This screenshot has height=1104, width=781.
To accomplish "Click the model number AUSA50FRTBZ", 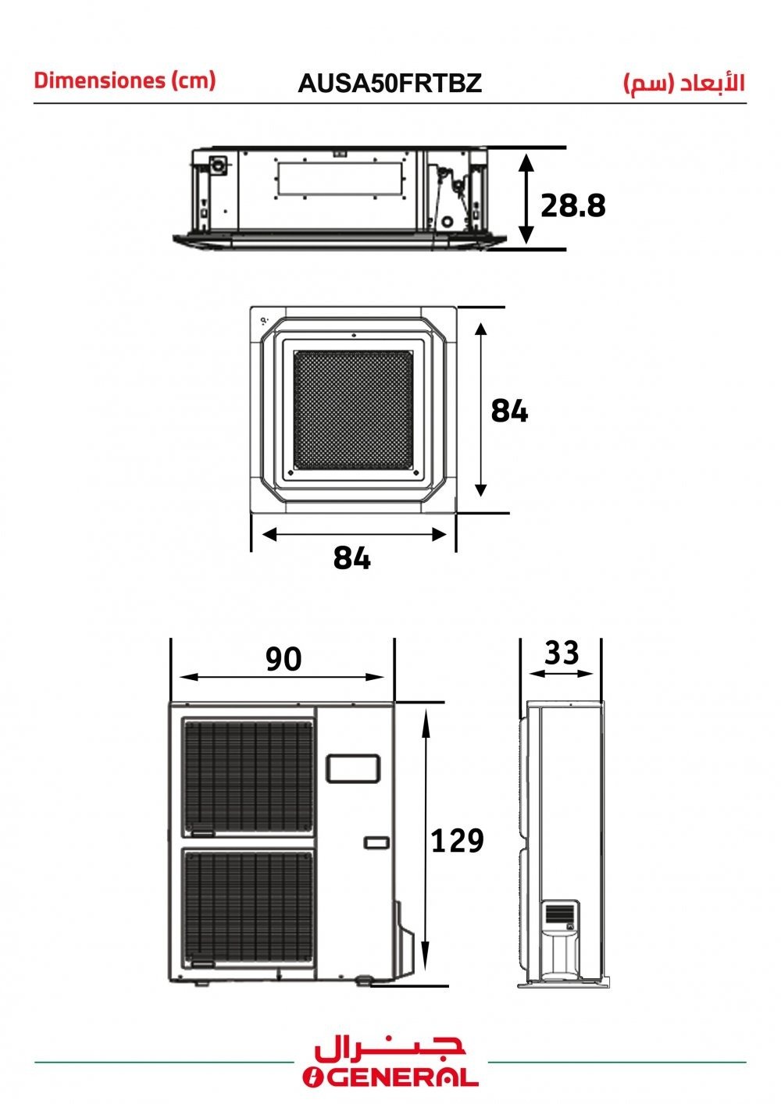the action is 390,83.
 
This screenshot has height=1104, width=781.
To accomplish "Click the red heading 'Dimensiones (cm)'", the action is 125,80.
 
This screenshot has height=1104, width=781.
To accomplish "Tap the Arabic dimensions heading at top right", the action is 684,83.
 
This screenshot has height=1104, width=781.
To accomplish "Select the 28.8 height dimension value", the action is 573,205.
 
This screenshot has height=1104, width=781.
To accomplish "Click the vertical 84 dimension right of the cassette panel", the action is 509,410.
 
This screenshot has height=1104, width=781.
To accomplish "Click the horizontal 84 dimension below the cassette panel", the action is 351,558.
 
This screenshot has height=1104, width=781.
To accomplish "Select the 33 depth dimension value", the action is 562,652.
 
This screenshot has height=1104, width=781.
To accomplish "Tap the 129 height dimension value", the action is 457,840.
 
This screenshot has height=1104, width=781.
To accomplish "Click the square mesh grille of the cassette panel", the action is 354,410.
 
